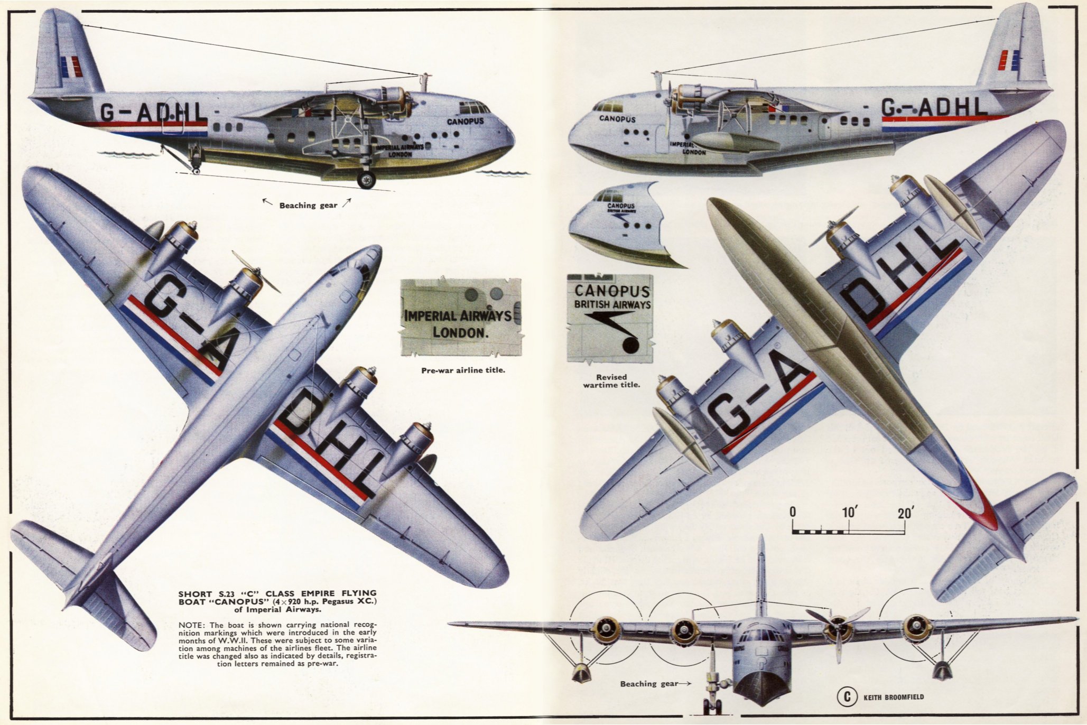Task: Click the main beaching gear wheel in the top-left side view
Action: [366, 180]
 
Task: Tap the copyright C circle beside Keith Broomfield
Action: [847, 697]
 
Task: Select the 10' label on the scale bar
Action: [849, 512]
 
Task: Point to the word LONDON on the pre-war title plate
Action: [459, 332]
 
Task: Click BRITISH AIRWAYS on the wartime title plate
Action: [612, 304]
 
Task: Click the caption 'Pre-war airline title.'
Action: [463, 370]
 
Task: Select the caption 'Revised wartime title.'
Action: [611, 380]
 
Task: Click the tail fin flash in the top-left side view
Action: [71, 67]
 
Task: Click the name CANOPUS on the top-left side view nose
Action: [465, 121]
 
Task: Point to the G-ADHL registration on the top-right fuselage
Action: [934, 107]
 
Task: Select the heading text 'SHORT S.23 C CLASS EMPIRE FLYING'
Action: [277, 593]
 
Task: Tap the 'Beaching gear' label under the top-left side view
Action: [308, 205]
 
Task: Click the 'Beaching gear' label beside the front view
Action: [649, 683]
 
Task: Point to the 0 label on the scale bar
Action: [793, 512]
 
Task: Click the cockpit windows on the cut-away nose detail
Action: [606, 196]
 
